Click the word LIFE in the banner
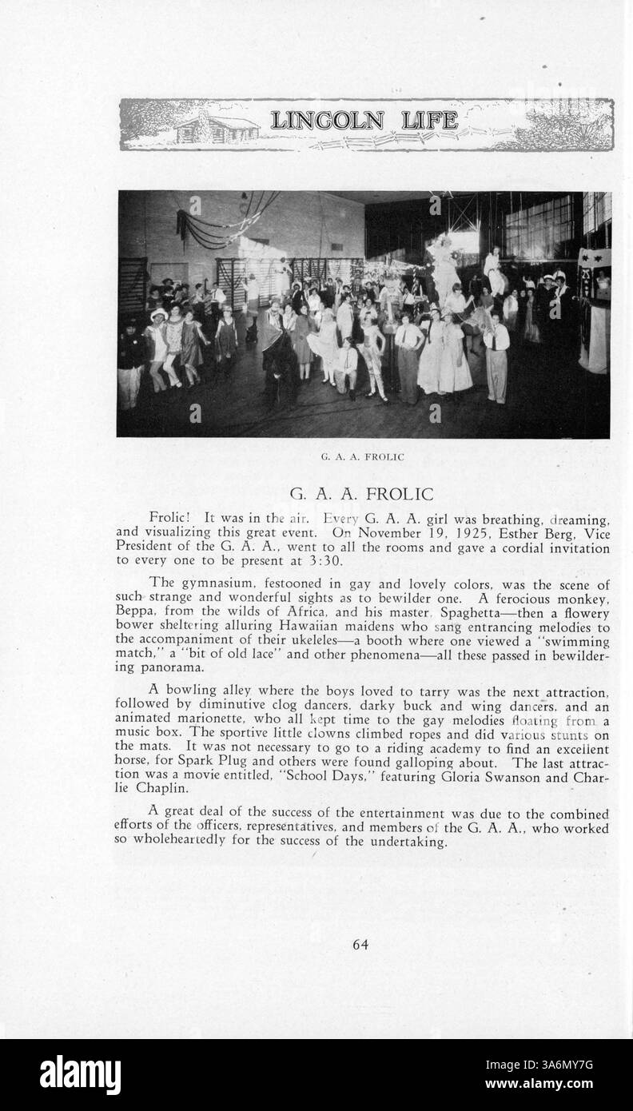429,121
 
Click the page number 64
360,945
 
